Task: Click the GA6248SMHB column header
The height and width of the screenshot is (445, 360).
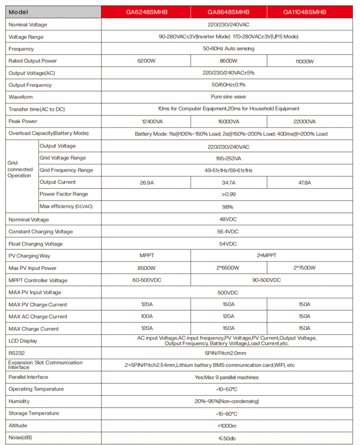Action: tap(146, 12)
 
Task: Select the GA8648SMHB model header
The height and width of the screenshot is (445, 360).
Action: tap(229, 12)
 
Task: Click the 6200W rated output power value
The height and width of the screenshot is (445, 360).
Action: tap(146, 61)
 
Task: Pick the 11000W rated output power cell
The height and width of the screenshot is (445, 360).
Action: tap(304, 62)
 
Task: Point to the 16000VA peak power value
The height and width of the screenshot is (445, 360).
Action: tap(229, 121)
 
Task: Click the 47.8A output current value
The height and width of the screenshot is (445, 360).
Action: tap(304, 183)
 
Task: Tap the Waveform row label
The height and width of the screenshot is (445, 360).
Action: tap(20, 97)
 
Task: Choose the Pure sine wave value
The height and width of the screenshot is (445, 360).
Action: tap(228, 97)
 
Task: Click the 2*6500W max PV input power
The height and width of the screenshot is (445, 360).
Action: tap(229, 268)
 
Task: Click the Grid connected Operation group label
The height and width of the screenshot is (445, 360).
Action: tap(20, 169)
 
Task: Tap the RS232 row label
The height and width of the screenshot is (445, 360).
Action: tap(17, 353)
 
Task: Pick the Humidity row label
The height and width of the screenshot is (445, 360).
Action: tap(19, 401)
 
